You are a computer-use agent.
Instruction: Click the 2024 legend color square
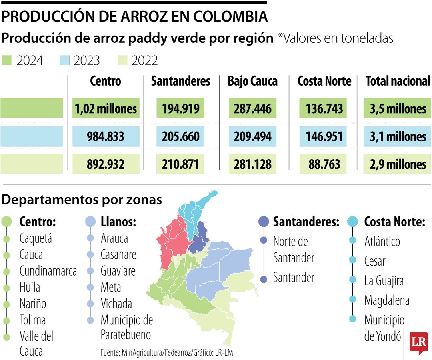click(x=7, y=60)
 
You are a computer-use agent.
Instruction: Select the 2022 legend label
click(x=144, y=60)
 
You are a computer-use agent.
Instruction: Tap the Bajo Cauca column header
click(x=252, y=81)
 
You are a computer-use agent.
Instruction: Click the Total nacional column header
click(x=398, y=81)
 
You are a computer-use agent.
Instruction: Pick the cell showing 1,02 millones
click(x=106, y=109)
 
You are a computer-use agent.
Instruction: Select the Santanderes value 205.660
click(x=180, y=137)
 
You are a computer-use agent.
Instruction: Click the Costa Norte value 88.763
click(x=324, y=164)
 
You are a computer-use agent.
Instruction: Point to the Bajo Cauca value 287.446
click(x=252, y=109)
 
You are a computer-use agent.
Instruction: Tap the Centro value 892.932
click(x=106, y=164)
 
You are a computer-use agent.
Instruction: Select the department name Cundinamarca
click(x=48, y=271)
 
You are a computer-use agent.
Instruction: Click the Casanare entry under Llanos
click(x=118, y=254)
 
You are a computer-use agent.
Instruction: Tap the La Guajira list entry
click(x=384, y=281)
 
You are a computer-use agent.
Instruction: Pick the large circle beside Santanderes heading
click(x=264, y=222)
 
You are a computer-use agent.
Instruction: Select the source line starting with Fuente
click(x=167, y=352)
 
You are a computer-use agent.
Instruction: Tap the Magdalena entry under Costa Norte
click(x=386, y=300)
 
